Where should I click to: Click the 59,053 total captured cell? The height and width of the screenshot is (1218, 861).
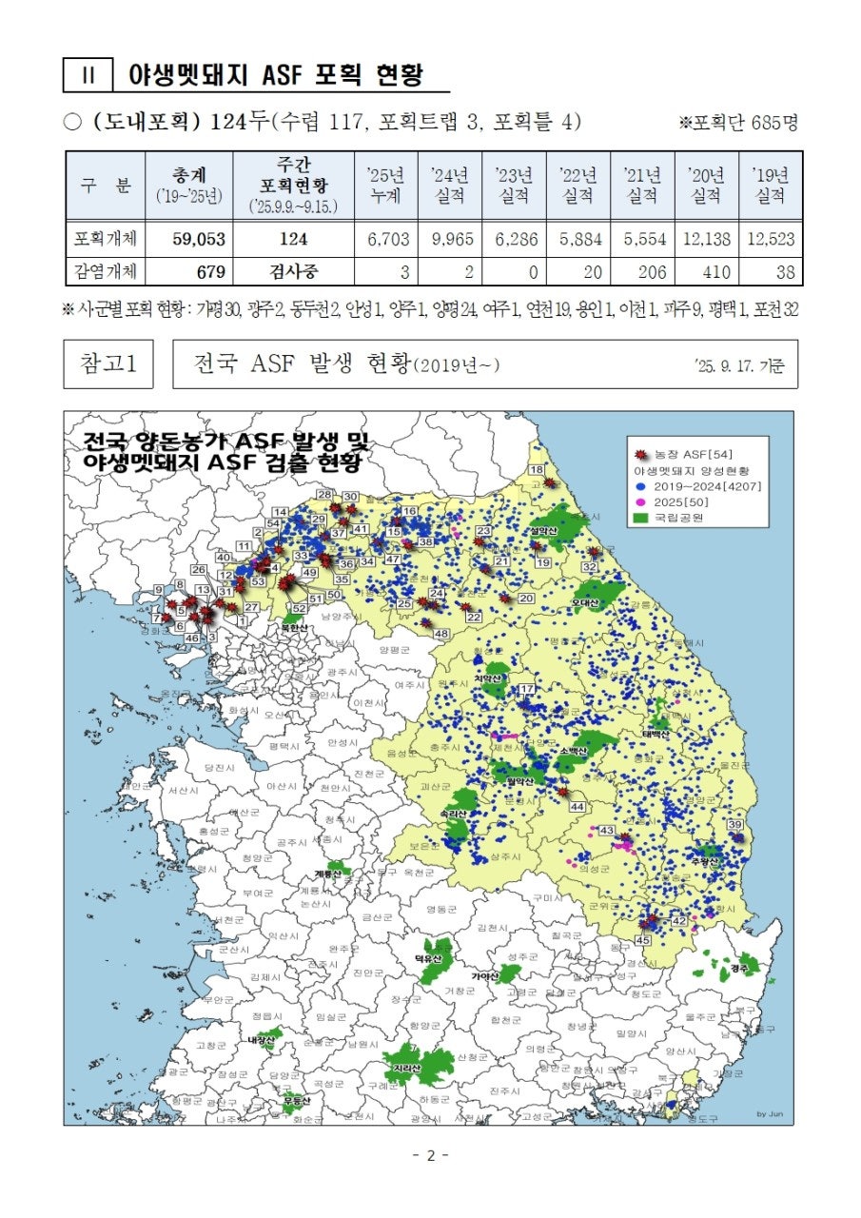coord(198,239)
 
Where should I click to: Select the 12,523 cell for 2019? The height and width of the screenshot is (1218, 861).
coord(770,239)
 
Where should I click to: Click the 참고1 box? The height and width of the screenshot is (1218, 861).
coord(108,363)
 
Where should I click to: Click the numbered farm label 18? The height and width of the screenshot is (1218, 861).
coord(537,469)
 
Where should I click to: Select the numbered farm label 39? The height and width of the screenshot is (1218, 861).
coord(734,824)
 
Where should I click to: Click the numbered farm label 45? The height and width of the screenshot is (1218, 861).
coord(643,940)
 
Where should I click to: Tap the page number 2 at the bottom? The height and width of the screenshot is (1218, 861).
coord(430,1155)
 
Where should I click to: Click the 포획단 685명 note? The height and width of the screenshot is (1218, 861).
coord(738,123)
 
